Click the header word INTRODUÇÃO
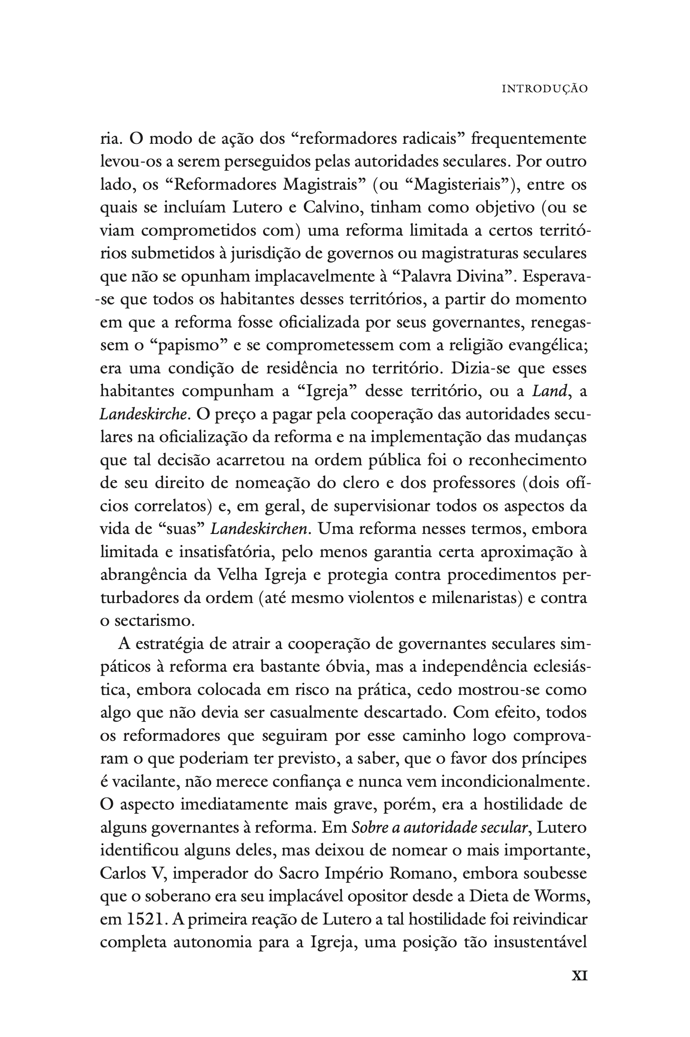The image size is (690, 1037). click(x=545, y=89)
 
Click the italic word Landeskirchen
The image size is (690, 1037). click(x=259, y=529)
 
